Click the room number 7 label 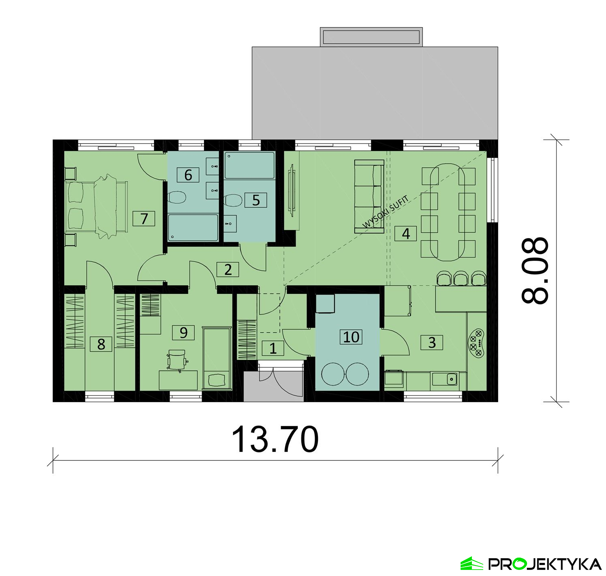point(144,218)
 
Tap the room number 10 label point(351,337)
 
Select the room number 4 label point(406,234)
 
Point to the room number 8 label point(101,344)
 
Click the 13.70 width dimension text point(275,439)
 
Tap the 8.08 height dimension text point(535,270)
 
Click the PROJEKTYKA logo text point(545,564)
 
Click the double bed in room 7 point(96,207)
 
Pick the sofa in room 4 point(369,196)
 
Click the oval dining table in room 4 point(448,212)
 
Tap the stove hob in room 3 point(476,343)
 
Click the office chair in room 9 point(177,359)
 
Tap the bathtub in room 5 point(249,165)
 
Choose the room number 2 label point(228,270)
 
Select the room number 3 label point(432,342)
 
